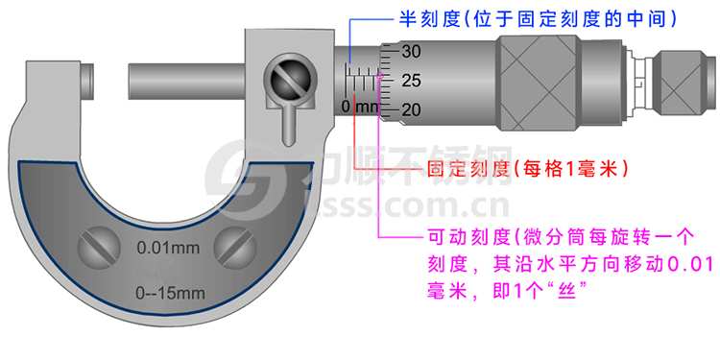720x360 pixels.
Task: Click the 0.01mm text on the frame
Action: point(168,248)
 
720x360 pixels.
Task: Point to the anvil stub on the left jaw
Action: point(86,81)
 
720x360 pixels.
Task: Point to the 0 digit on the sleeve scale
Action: point(346,106)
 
